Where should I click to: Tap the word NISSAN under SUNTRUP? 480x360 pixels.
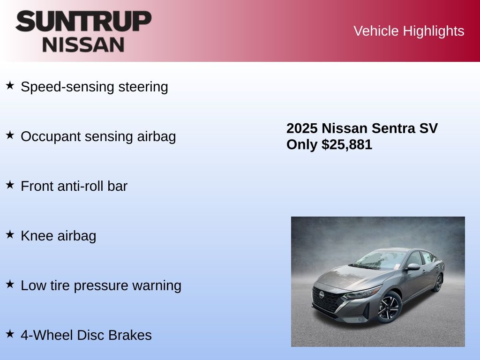[x=83, y=45]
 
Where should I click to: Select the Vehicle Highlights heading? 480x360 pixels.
[x=409, y=31]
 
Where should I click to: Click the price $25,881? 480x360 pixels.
[x=347, y=144]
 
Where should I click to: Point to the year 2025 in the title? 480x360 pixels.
[x=302, y=128]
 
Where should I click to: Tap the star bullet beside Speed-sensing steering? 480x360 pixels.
[x=10, y=85]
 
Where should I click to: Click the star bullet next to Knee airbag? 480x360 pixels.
[x=10, y=234]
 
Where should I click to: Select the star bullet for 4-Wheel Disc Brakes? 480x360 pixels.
[x=10, y=334]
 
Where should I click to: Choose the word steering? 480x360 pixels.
[x=143, y=87]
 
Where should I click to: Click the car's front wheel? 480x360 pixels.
[x=389, y=307]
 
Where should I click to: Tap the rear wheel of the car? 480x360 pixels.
[x=438, y=283]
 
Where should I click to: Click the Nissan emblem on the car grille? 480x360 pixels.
[x=322, y=294]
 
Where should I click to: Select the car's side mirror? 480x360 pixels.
[x=413, y=267]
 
